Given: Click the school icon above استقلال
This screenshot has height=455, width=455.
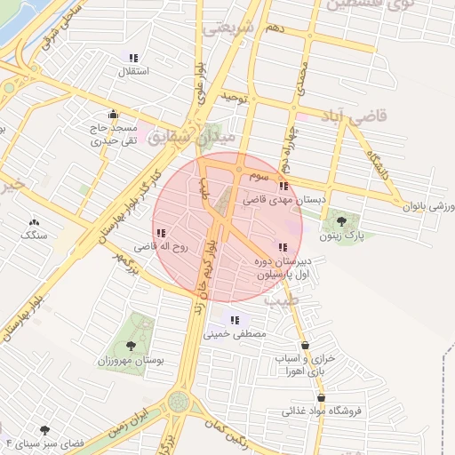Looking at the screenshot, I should (133, 58).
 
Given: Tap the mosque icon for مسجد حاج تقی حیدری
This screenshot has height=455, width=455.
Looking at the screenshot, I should (112, 115).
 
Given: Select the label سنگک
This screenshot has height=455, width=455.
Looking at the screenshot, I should (34, 235).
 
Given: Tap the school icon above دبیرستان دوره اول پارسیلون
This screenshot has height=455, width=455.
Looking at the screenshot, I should (283, 247).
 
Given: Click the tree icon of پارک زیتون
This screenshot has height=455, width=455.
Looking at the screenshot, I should (342, 221).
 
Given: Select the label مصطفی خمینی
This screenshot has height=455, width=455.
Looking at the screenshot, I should (235, 335).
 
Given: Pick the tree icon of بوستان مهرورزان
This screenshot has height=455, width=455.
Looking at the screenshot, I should (131, 345).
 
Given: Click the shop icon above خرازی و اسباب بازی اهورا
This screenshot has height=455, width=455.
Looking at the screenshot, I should (306, 345).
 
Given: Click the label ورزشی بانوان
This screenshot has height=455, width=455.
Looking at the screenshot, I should (430, 206).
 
